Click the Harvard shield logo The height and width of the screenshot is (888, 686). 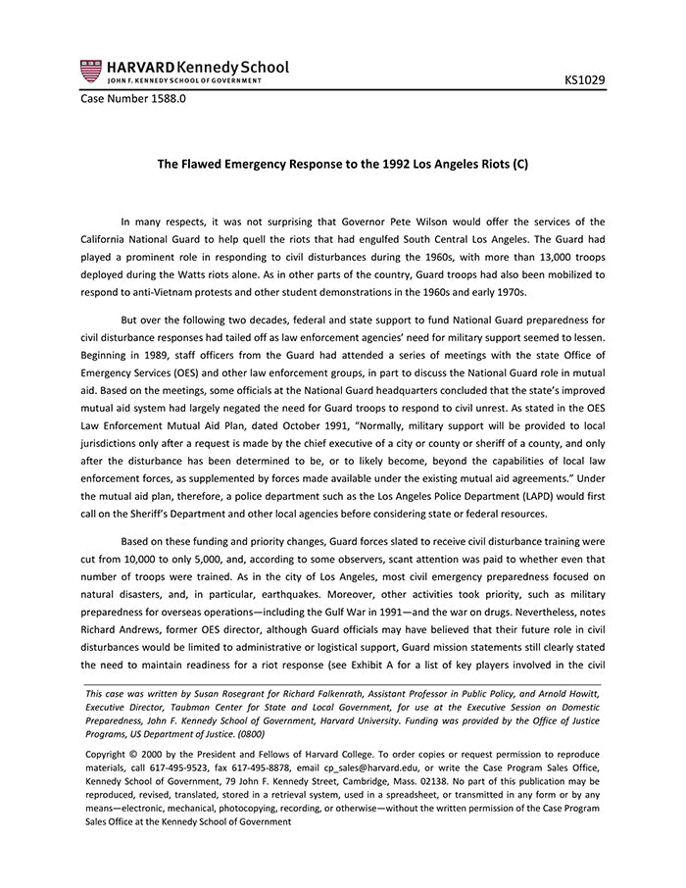[91, 71]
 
